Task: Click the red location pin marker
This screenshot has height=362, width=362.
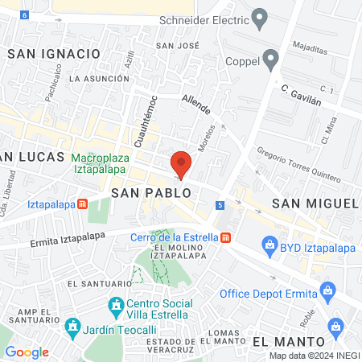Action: click(182, 164)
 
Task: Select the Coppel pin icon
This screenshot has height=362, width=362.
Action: click(271, 60)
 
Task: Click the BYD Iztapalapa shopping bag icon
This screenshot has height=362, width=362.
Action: click(269, 246)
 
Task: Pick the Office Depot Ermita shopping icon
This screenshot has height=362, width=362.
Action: click(327, 290)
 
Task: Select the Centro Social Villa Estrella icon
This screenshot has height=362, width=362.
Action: click(116, 306)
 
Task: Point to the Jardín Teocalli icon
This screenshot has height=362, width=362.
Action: click(73, 327)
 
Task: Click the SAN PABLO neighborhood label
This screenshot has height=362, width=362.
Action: click(151, 193)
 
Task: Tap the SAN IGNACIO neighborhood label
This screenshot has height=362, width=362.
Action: click(53, 53)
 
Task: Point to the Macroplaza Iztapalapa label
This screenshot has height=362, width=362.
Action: click(101, 163)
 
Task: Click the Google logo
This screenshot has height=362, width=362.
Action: click(27, 352)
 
